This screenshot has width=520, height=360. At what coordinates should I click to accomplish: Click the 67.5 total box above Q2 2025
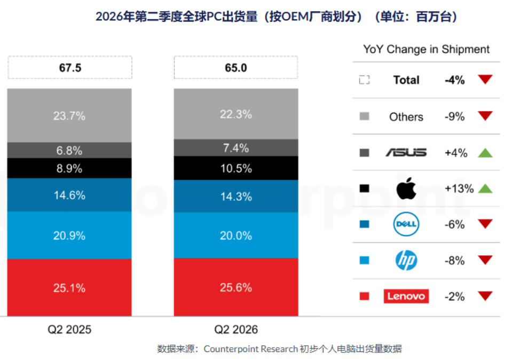pyautogui.click(x=70, y=67)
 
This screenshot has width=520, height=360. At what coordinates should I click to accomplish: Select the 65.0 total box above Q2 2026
pyautogui.click(x=236, y=67)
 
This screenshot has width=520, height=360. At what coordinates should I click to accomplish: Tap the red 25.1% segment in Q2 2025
pyautogui.click(x=69, y=287)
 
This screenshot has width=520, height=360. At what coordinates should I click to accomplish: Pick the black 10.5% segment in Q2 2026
pyautogui.click(x=236, y=168)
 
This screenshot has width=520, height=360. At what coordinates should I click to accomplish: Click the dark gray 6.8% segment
pyautogui.click(x=69, y=150)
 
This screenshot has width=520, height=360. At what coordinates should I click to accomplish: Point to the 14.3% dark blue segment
pyautogui.click(x=236, y=197)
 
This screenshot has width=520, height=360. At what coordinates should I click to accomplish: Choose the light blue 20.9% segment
pyautogui.click(x=69, y=235)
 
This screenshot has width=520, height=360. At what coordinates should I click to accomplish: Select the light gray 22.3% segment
pyautogui.click(x=236, y=114)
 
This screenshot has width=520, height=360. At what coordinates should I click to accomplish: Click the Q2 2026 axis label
pyautogui.click(x=236, y=330)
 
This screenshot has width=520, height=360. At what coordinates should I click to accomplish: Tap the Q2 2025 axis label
pyautogui.click(x=69, y=330)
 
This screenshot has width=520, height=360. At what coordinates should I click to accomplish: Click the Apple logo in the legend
pyautogui.click(x=406, y=188)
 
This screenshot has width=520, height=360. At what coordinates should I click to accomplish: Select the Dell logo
pyautogui.click(x=406, y=224)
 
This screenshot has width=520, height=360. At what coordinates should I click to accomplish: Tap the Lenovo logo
pyautogui.click(x=406, y=296)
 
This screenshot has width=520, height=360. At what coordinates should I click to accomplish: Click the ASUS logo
pyautogui.click(x=406, y=152)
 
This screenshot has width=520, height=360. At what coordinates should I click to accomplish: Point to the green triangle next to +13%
pyautogui.click(x=485, y=189)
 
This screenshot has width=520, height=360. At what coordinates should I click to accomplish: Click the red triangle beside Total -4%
pyautogui.click(x=485, y=79)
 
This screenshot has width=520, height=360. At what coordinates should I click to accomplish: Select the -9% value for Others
pyautogui.click(x=454, y=116)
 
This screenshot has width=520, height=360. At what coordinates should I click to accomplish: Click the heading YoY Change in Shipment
pyautogui.click(x=426, y=49)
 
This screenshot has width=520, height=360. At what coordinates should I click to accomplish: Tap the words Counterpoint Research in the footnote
pyautogui.click(x=250, y=349)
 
